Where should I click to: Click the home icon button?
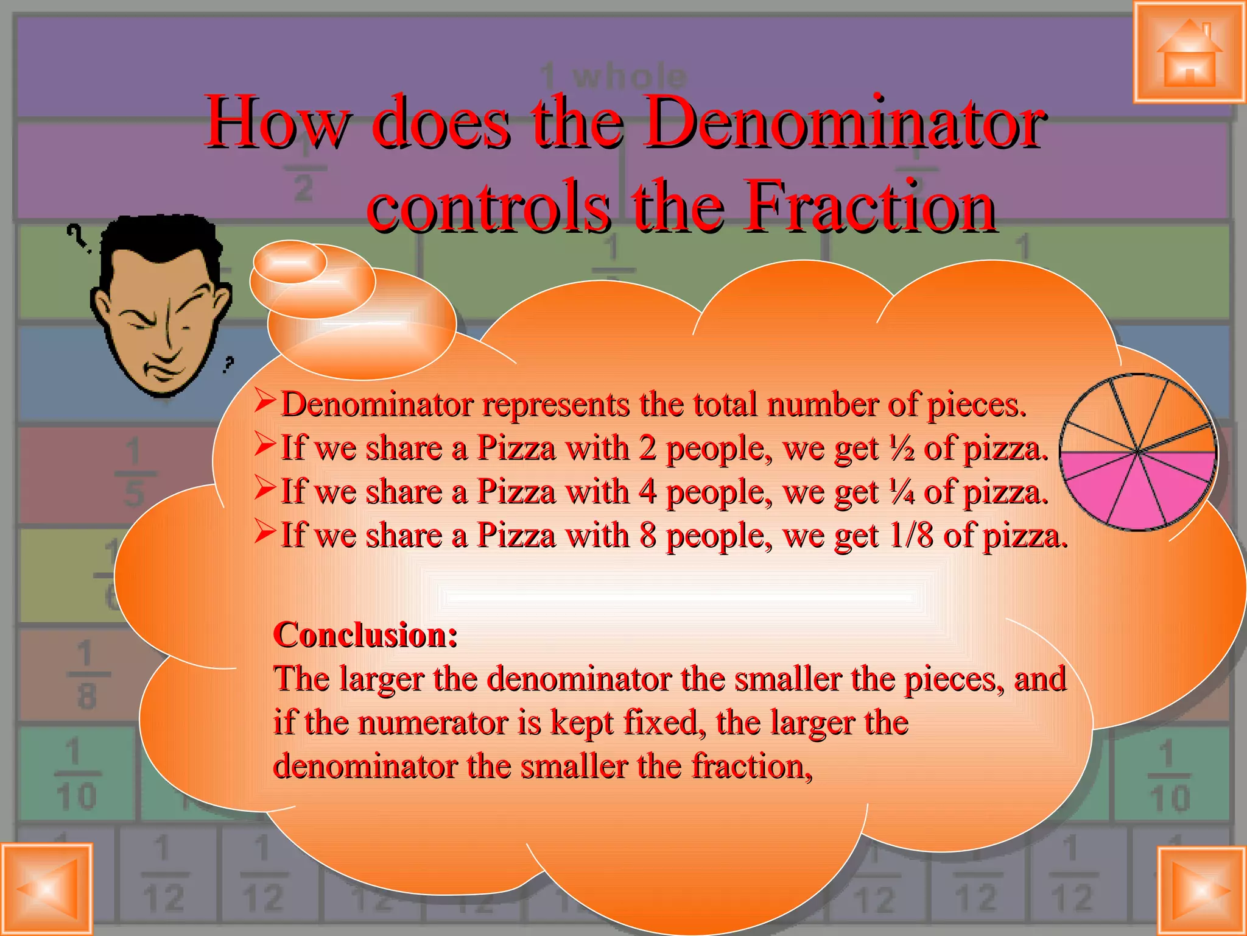(x=1189, y=53)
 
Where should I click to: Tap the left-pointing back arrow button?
(x=47, y=889)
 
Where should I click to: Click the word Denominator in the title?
(x=844, y=122)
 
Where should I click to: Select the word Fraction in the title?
(x=871, y=206)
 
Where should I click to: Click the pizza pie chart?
(x=1137, y=452)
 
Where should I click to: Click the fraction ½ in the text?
(x=901, y=450)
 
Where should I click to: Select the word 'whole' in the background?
(x=630, y=77)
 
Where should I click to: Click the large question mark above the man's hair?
(x=76, y=236)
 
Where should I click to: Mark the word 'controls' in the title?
(x=488, y=206)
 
